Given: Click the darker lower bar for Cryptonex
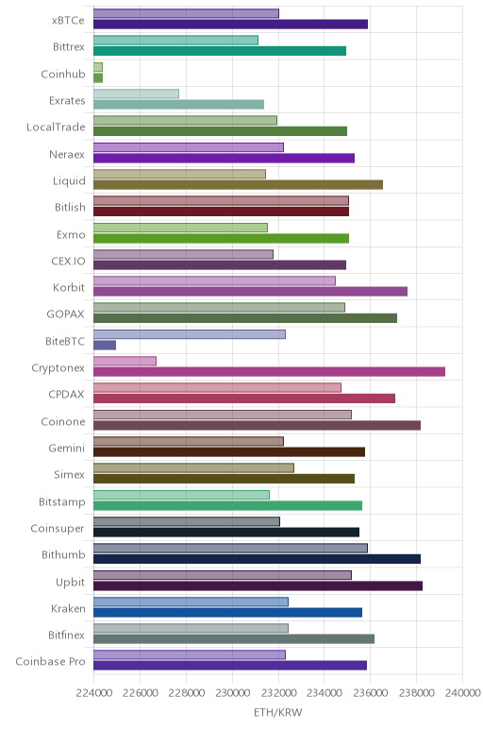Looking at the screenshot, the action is click(x=270, y=371).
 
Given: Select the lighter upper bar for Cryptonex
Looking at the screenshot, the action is click(x=125, y=361).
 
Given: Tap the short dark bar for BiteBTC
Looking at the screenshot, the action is click(x=105, y=345).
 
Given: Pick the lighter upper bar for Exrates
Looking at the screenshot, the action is click(x=136, y=93).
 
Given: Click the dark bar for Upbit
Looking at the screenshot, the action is click(x=258, y=585).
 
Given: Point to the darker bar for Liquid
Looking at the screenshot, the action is click(x=239, y=184).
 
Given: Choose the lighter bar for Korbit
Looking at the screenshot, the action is click(x=214, y=280).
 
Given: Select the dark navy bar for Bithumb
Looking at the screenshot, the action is click(x=257, y=559).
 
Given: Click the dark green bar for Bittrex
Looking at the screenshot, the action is click(x=220, y=51).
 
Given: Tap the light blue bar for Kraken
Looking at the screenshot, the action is click(x=191, y=602).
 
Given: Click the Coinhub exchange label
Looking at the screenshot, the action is click(x=63, y=74).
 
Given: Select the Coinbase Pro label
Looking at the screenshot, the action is click(x=51, y=662).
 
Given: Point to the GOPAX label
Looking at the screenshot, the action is click(x=65, y=314).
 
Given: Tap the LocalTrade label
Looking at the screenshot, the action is click(x=57, y=127).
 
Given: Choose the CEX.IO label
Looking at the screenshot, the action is click(x=68, y=261).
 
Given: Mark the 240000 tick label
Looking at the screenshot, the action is click(x=462, y=693).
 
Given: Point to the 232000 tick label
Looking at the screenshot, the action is click(x=278, y=693).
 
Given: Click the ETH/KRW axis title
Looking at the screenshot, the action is click(x=277, y=712).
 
